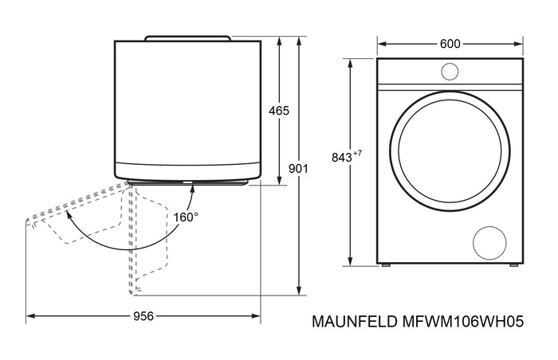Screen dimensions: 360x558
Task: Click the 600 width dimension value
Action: click(450, 44)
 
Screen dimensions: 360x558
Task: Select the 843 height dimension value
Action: click(340, 158)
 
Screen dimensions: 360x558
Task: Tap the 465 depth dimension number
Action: click(278, 111)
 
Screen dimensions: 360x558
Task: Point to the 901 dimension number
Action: click(298, 169)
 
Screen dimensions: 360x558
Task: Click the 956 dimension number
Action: click(143, 316)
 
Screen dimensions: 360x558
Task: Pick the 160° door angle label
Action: click(186, 216)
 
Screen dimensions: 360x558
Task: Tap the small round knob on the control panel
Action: click(450, 72)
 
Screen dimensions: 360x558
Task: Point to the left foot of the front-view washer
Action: click(387, 264)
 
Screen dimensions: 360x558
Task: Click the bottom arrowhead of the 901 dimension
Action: click(298, 291)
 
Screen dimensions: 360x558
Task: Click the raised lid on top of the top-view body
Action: click(188, 37)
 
